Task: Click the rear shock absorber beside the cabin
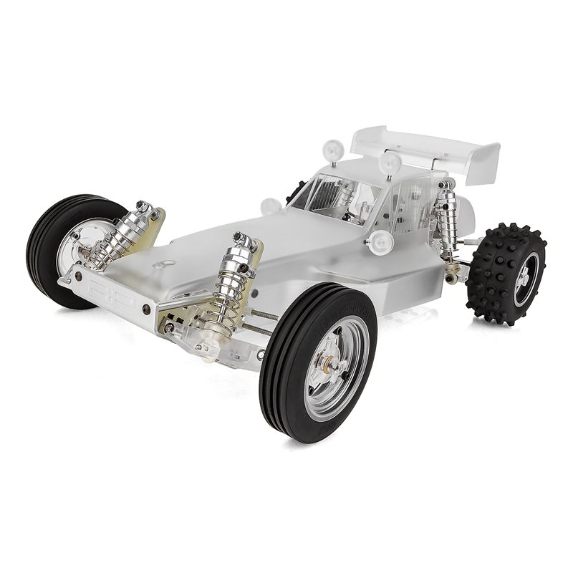coord(448,226)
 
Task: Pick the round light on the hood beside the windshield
coord(271,206)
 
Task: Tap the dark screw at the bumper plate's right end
coord(147,309)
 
